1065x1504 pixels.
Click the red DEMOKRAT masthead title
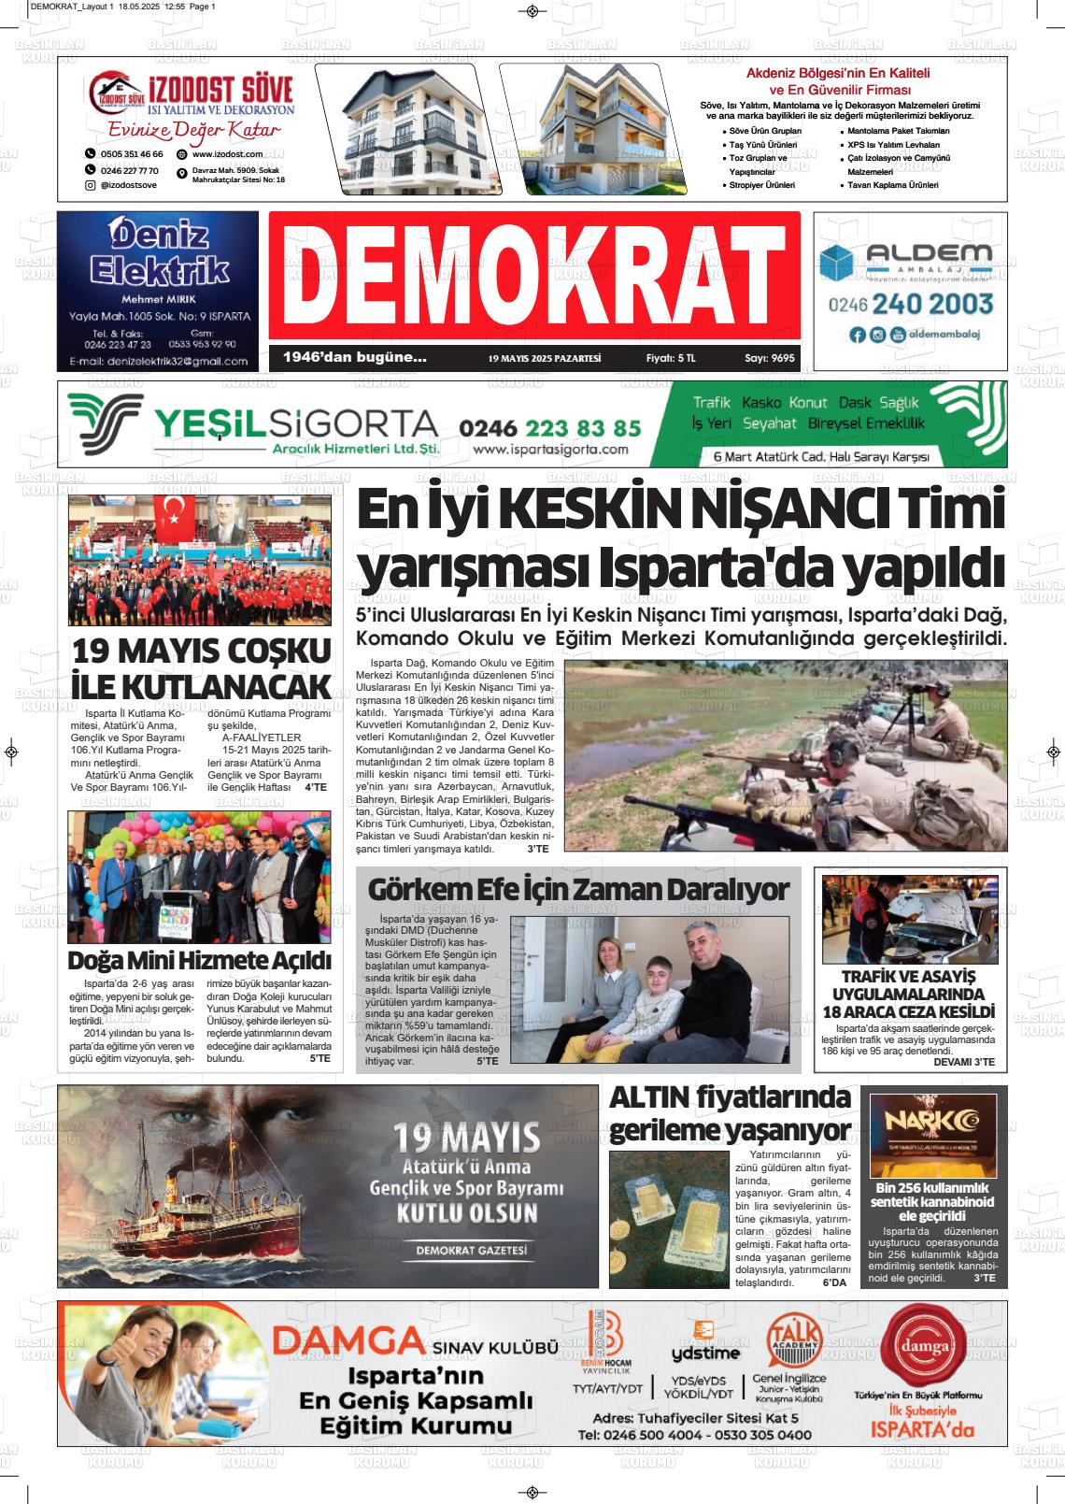pyautogui.click(x=534, y=279)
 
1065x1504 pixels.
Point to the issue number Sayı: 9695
pyautogui.click(x=770, y=358)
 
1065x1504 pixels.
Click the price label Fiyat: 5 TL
pyautogui.click(x=671, y=358)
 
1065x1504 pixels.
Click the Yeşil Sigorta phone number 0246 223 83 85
pyautogui.click(x=550, y=428)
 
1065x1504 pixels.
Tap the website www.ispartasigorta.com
pyautogui.click(x=550, y=450)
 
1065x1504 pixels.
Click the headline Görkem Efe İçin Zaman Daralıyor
pyautogui.click(x=578, y=890)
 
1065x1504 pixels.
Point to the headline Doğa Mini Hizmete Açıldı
pyautogui.click(x=200, y=960)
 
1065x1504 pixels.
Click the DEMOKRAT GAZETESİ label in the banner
pyautogui.click(x=472, y=1251)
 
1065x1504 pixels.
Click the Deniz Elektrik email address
pyautogui.click(x=158, y=361)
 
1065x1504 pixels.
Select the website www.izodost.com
pyautogui.click(x=227, y=153)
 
